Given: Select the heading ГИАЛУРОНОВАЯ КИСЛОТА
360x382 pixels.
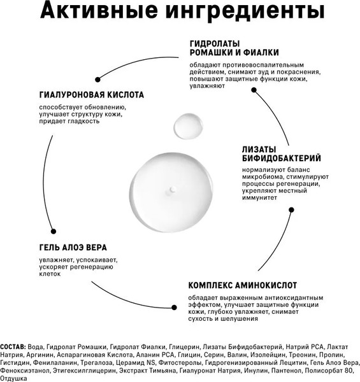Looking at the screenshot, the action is click(x=91, y=95).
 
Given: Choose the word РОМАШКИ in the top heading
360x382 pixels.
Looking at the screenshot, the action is click(x=212, y=53).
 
